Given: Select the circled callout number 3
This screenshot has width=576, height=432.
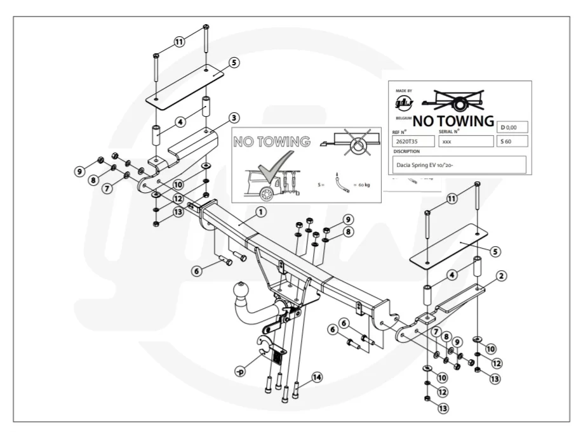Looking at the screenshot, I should click(x=234, y=117).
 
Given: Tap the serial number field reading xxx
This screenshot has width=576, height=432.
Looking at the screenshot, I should click(x=465, y=141).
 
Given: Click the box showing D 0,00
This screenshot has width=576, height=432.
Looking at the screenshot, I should click(x=514, y=127).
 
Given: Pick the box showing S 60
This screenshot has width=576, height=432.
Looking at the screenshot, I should click(x=513, y=141).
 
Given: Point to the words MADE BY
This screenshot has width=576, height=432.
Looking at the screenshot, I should click(x=404, y=91).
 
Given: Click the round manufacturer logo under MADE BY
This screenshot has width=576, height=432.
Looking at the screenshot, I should click(x=404, y=103).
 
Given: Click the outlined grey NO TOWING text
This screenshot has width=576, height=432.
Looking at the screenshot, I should click(x=271, y=141).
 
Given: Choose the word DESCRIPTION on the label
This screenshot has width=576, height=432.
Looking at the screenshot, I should click(x=406, y=152).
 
